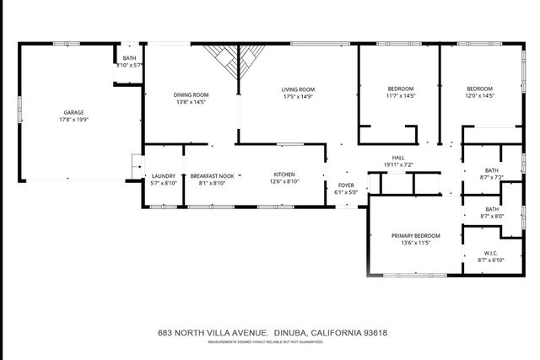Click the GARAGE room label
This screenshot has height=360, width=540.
click(73, 112)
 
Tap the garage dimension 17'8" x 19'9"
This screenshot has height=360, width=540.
click(73, 120)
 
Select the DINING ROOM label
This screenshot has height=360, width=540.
click(192, 94)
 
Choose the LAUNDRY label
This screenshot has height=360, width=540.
click(164, 175)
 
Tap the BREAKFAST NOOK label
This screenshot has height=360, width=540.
click(208, 175)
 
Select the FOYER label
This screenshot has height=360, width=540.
click(346, 185)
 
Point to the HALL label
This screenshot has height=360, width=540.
click(398, 157)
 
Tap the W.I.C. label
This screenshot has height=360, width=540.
click(490, 253)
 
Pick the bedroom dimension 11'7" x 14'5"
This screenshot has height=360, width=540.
click(400, 96)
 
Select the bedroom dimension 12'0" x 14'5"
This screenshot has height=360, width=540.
click(479, 96)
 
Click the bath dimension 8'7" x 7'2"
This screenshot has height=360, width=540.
click(490, 178)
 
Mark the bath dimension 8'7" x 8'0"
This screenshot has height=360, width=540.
click(490, 216)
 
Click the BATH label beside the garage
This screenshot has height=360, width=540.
click(129, 57)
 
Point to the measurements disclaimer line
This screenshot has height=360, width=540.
click(273, 341)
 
